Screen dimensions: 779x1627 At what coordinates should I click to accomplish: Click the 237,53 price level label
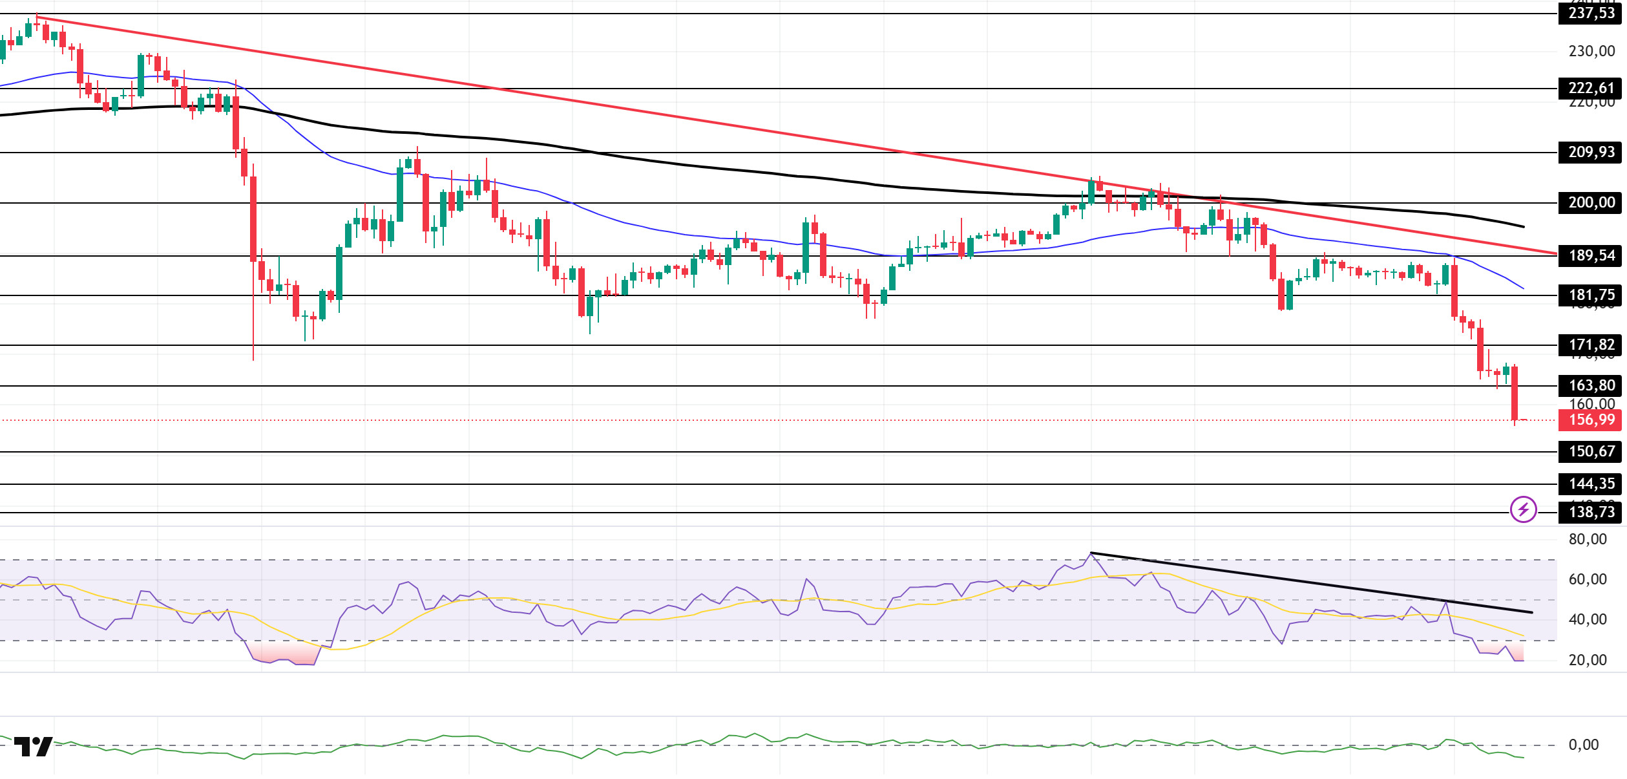(1591, 13)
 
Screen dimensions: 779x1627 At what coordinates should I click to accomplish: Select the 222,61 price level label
(1591, 88)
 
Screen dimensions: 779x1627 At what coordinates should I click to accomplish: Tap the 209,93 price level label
(1591, 152)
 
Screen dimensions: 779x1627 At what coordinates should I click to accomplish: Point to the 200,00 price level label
(1591, 202)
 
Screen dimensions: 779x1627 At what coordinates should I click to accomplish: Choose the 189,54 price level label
(1591, 255)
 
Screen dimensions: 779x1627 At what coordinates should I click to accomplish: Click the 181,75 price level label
(1591, 295)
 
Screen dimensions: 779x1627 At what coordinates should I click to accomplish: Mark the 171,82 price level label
(1591, 345)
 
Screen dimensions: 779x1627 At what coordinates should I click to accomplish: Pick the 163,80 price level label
(1591, 385)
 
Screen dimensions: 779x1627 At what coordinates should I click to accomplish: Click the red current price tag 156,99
(1591, 420)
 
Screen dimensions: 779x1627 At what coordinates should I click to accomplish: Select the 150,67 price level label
(1591, 451)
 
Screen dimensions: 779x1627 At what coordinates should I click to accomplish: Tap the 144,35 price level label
(1591, 484)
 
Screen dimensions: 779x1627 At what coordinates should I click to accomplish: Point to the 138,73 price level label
(1591, 512)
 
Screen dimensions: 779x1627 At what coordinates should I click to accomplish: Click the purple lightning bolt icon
(1523, 509)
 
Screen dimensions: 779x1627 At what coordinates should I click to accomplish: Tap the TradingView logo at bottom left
(33, 747)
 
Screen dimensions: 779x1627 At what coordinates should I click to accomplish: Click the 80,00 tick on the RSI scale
(1588, 539)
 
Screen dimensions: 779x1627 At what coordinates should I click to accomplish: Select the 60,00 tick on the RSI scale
(1588, 579)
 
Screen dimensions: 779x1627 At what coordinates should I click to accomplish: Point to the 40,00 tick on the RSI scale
(1588, 619)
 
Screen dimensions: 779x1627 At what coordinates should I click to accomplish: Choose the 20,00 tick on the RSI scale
(1588, 660)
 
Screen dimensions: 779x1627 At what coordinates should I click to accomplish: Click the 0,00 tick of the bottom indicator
(1584, 745)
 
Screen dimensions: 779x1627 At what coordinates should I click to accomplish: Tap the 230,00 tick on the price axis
(1591, 51)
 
